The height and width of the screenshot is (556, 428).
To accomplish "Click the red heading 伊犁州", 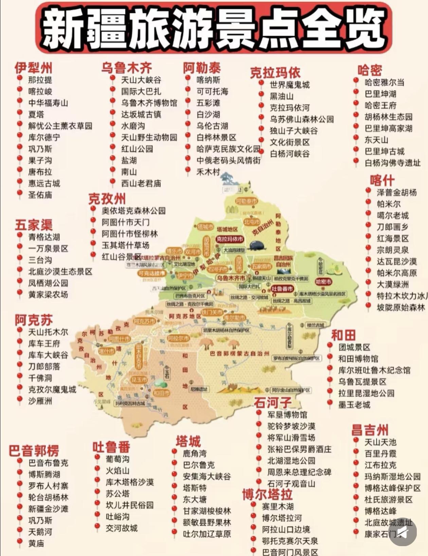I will click(33, 68).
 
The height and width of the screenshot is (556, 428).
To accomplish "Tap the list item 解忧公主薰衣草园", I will click(60, 126).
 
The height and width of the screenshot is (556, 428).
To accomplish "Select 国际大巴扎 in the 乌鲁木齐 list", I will click(141, 92).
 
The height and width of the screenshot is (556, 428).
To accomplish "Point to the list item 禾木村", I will click(208, 172).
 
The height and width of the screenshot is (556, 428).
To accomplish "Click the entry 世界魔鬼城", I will click(289, 85).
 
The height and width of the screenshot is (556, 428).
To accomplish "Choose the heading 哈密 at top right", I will click(370, 71).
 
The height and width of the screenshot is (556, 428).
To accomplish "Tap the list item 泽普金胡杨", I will click(396, 193).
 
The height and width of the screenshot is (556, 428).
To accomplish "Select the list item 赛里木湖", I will click(278, 506).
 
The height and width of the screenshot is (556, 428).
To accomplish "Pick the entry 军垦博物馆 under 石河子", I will click(287, 415).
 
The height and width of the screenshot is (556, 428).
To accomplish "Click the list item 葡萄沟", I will click(117, 459).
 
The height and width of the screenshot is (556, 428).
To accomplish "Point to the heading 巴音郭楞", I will click(34, 451).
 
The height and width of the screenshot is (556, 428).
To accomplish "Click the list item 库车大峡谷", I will click(48, 355).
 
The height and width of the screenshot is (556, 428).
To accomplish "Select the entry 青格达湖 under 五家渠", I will click(44, 237).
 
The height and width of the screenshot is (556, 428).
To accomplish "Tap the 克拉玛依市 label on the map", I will click(230, 239).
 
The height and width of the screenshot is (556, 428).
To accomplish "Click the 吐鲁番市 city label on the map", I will click(282, 289).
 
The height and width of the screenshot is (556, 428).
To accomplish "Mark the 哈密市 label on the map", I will click(323, 282).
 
